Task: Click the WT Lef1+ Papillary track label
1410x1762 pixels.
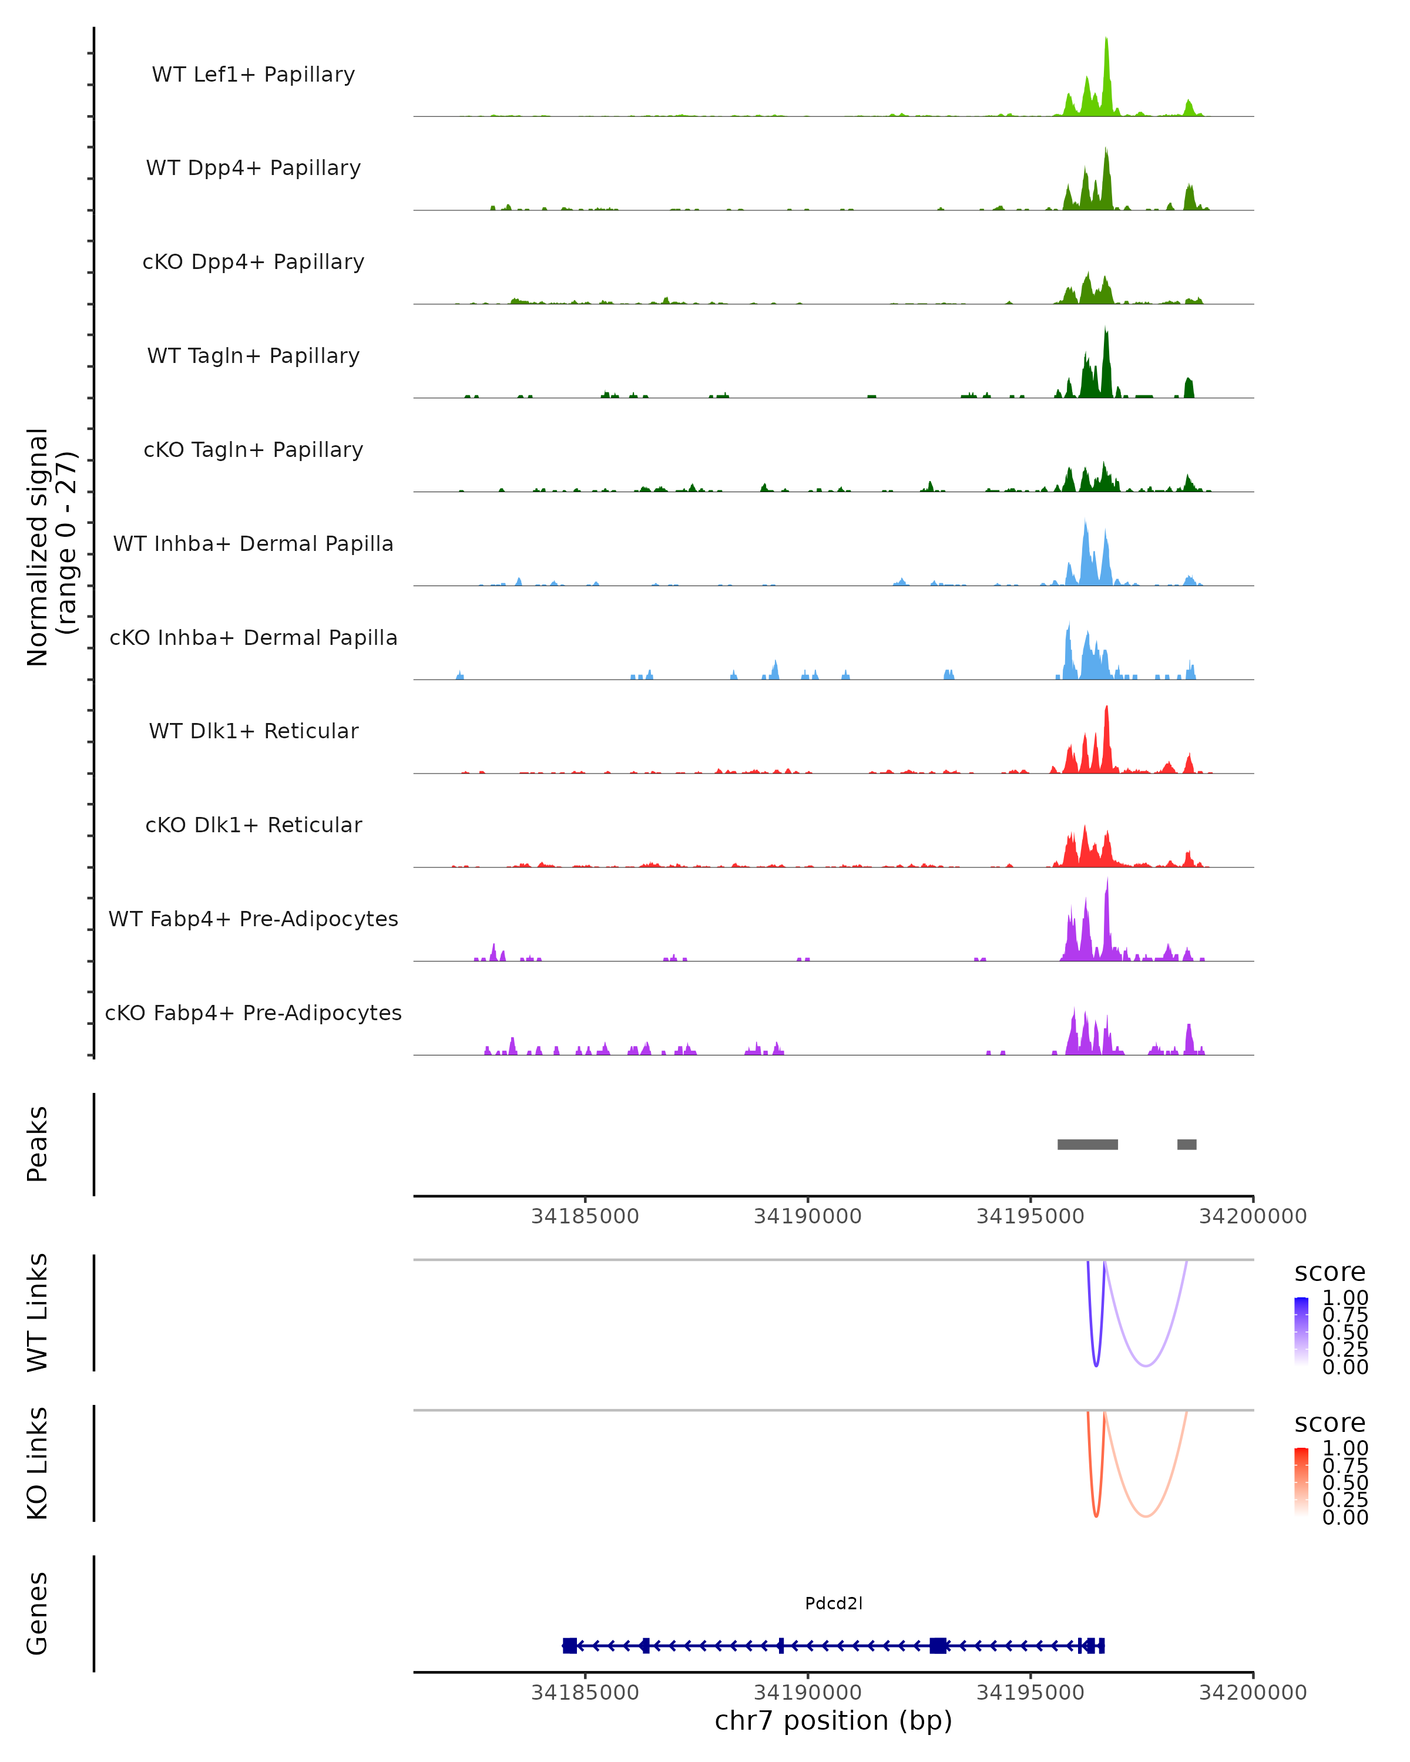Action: pyautogui.click(x=253, y=75)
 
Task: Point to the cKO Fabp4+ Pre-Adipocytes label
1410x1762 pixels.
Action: pyautogui.click(x=253, y=1013)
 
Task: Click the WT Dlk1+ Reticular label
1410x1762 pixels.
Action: pyautogui.click(x=253, y=731)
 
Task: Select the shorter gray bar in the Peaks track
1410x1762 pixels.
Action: pyautogui.click(x=1186, y=1144)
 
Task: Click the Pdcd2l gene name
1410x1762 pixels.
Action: pyautogui.click(x=833, y=1603)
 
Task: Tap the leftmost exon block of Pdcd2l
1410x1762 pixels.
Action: pyautogui.click(x=570, y=1645)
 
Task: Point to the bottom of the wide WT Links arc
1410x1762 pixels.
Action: pyautogui.click(x=1146, y=1366)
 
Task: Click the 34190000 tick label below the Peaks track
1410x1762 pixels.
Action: pyautogui.click(x=808, y=1216)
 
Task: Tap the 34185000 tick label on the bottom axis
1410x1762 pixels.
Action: pyautogui.click(x=585, y=1693)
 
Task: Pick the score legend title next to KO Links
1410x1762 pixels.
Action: pyautogui.click(x=1330, y=1423)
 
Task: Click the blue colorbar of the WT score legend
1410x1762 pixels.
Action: pyautogui.click(x=1301, y=1330)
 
